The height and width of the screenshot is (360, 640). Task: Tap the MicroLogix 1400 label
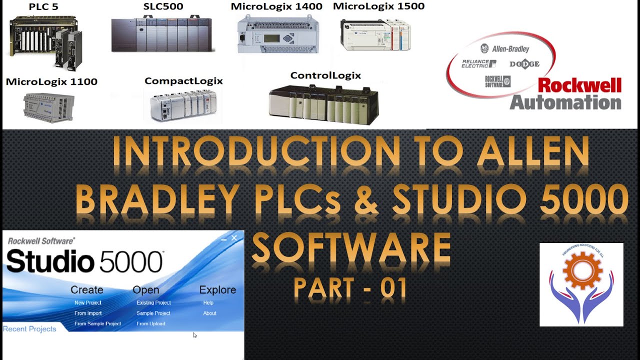[x=276, y=6]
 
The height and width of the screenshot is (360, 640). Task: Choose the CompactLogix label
[x=183, y=80]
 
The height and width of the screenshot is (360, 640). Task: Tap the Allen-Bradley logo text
[x=510, y=49]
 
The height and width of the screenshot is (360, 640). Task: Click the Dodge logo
[x=524, y=64]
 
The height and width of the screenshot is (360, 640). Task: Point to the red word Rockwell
[x=579, y=85]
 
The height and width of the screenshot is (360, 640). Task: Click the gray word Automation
[x=565, y=102]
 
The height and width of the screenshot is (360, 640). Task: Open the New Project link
[x=87, y=302]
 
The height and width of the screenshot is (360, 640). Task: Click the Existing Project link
[x=153, y=302]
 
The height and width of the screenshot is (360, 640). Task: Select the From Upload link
[x=151, y=323]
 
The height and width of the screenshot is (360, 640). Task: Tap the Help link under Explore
[x=208, y=302]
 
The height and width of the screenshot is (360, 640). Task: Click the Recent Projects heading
[x=29, y=328]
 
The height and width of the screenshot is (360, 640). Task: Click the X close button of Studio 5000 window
[x=234, y=238]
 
